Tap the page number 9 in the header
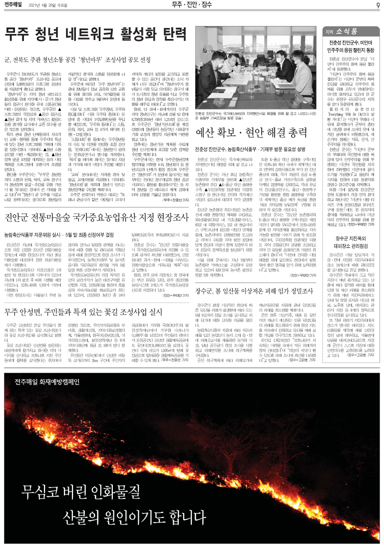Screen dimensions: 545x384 (378, 5)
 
